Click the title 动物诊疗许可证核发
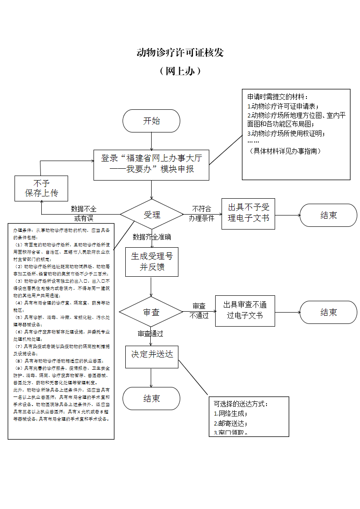tap(180, 53)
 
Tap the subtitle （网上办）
tap(180, 71)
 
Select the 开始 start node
tap(152, 121)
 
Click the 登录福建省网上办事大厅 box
tap(152, 164)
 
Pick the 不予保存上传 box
tap(42, 188)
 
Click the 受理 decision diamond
tap(152, 214)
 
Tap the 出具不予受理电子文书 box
tap(248, 213)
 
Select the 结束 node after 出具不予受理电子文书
tap(328, 215)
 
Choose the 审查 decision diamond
tap(152, 312)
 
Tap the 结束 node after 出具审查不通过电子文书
tap(328, 312)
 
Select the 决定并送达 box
tap(152, 354)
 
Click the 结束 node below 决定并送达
tap(152, 398)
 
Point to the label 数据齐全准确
tap(152, 237)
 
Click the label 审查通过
tap(150, 334)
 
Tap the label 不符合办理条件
tap(202, 213)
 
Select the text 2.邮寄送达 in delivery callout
tap(231, 423)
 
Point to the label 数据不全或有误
tap(84, 214)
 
